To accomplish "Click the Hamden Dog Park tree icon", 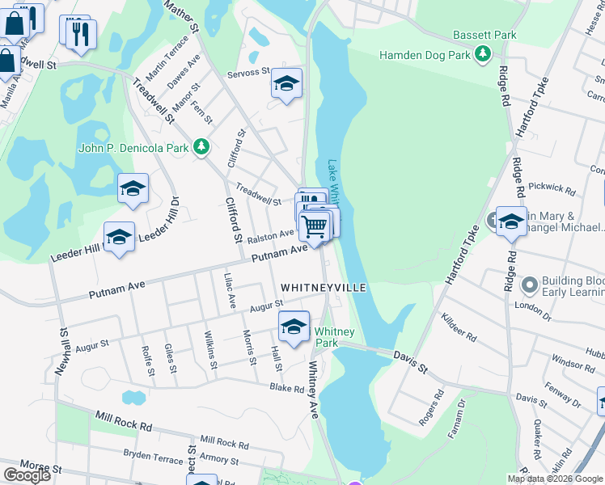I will coord(483,54).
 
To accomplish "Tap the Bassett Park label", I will coord(484,36).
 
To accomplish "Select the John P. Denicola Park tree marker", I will coord(201,147).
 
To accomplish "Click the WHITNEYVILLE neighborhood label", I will coord(324,288).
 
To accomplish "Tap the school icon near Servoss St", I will coord(286,84).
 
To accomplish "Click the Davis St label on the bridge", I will coord(410,360).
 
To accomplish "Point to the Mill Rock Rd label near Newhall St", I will coord(123,420).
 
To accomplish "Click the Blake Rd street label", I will coord(287,388).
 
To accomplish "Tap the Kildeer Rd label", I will coord(459,327).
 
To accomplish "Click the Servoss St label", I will coord(248,72).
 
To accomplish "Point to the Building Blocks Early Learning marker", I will coord(530,285).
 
